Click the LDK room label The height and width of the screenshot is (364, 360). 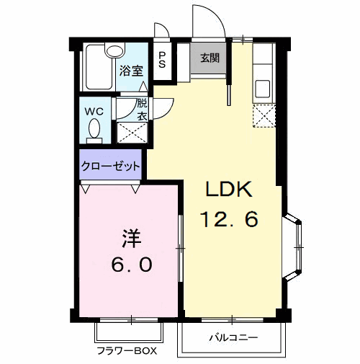click(229, 190)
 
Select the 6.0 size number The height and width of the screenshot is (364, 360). click(130, 265)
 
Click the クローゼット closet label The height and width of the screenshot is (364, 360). click(111, 165)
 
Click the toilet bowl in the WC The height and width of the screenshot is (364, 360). click(94, 130)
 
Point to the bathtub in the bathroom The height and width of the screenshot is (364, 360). click(97, 68)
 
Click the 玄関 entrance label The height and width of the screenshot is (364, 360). click(210, 58)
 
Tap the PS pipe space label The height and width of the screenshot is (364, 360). click(162, 59)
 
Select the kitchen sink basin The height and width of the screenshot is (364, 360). click(263, 89)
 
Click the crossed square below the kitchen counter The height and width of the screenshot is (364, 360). click(264, 115)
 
